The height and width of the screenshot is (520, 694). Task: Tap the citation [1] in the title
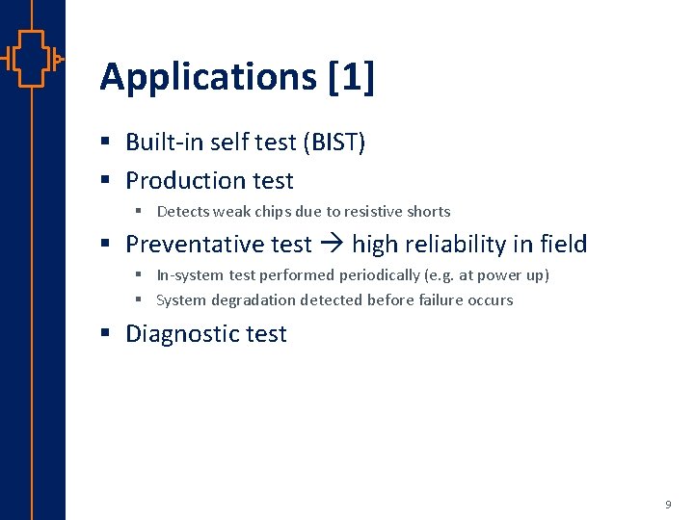coord(351,78)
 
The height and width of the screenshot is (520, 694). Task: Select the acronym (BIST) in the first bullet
coord(334,143)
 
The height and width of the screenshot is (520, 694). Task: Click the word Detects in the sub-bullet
coord(182,212)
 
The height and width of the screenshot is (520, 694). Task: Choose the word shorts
coord(430,212)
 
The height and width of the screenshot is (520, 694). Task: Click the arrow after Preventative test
coord(332,246)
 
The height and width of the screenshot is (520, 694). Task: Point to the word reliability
coord(461,245)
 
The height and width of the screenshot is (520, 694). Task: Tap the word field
coord(564,245)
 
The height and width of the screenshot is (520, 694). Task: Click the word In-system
coord(191,275)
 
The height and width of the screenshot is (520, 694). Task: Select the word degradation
coord(254,300)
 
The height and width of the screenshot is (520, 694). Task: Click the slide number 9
coord(668,505)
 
